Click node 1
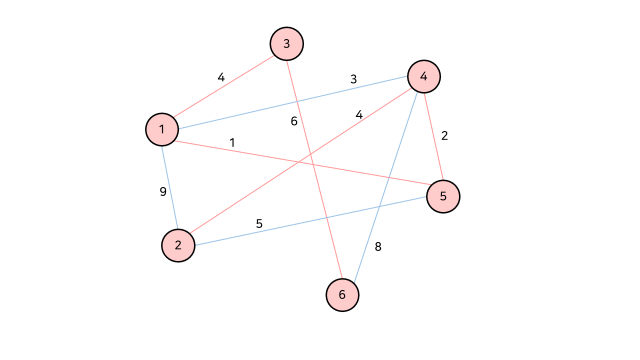point(162,129)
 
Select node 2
point(178,245)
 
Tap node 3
point(286,43)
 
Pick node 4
point(424,76)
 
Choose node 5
point(443,196)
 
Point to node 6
point(342,294)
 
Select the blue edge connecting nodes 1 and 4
point(293,103)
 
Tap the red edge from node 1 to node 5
point(302,163)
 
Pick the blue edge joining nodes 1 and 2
point(170,187)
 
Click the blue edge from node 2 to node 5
point(310,221)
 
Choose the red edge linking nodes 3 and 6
point(314,169)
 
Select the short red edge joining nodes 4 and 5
point(433,136)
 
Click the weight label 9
point(163,191)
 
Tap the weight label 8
point(378,246)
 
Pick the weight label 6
point(294,121)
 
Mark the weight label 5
point(259,223)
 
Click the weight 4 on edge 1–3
point(221,77)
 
